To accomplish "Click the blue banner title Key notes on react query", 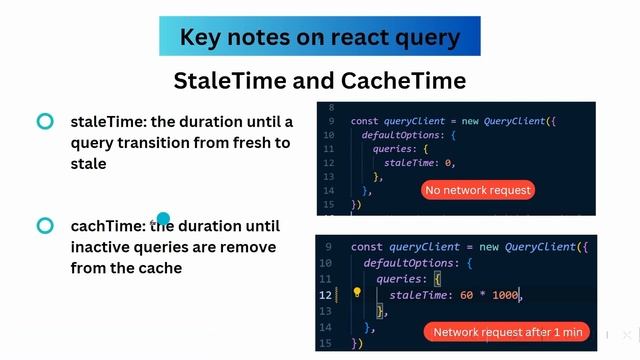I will click(x=319, y=37).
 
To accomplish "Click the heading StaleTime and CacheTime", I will click(x=319, y=80).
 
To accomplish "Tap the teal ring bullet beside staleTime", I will click(x=45, y=122).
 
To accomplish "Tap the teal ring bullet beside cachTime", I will click(x=45, y=226).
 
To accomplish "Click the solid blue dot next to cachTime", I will click(x=163, y=219).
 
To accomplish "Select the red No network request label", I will click(x=478, y=190).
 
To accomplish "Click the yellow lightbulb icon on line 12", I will click(x=355, y=294).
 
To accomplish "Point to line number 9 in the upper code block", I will click(x=330, y=121).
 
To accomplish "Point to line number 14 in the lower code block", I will click(x=327, y=327).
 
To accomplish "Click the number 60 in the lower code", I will click(x=467, y=295).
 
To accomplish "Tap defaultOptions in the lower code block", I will click(x=410, y=263).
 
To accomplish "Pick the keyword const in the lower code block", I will click(x=368, y=247).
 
